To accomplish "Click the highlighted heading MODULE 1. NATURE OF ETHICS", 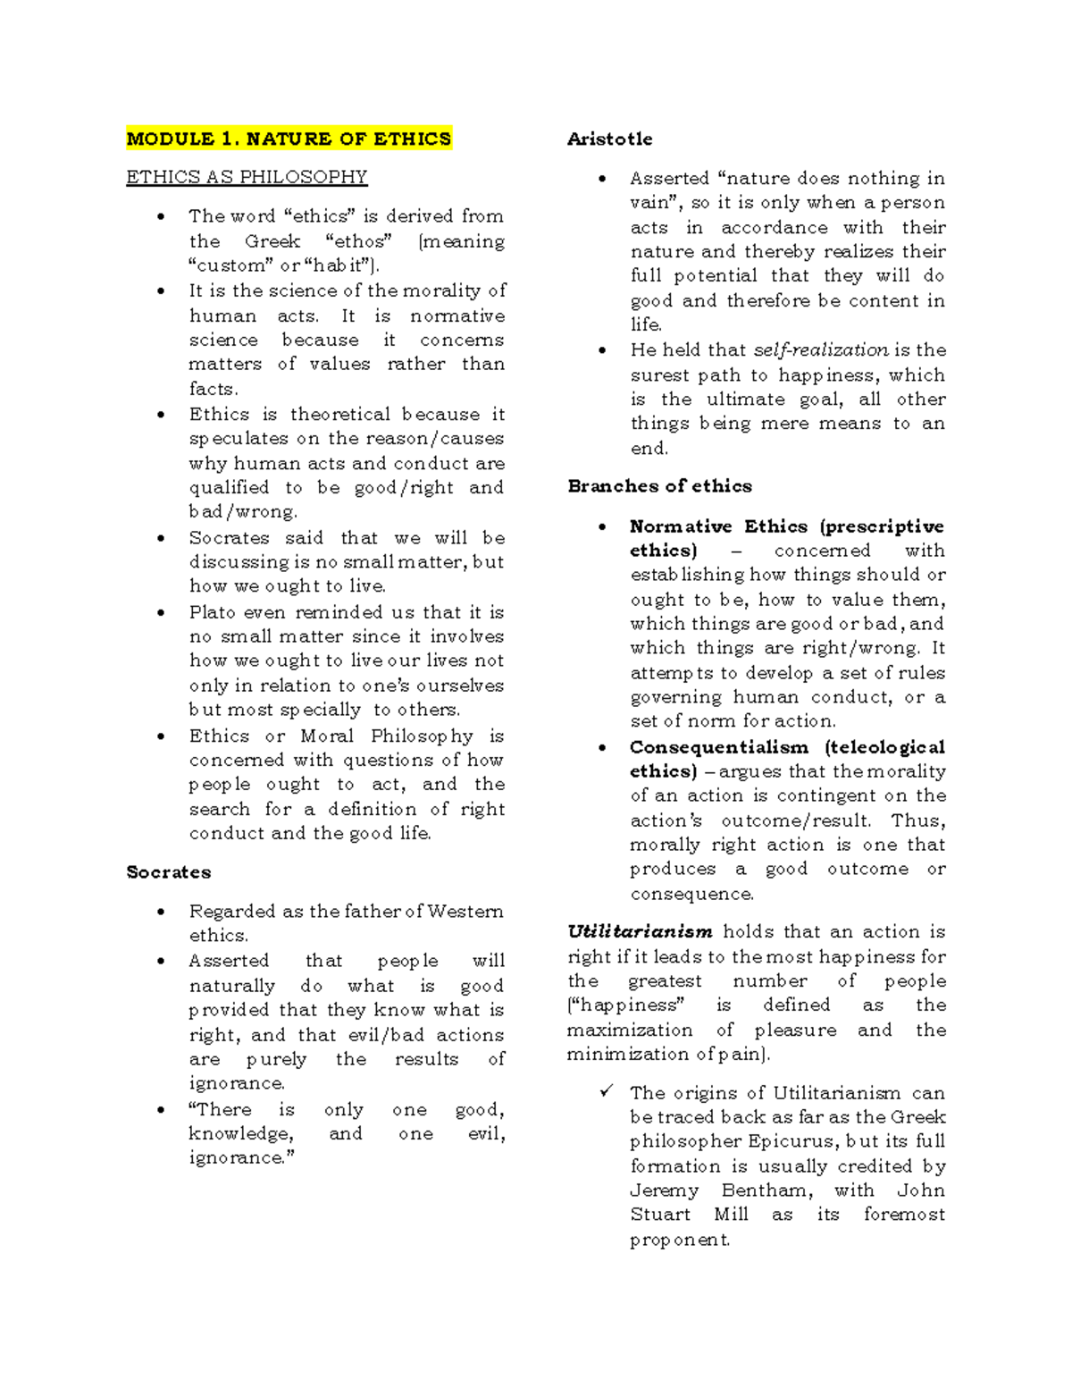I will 289,139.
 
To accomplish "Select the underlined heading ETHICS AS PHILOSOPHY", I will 247,177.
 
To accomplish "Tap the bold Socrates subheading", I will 169,872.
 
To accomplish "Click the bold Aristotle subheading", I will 609,139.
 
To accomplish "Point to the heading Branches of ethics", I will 659,486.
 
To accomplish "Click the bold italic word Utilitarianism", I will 640,932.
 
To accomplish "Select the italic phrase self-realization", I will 821,350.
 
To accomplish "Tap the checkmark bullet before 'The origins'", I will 607,1092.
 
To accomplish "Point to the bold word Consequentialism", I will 718,747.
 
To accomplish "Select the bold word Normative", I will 681,526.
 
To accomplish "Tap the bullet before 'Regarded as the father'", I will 161,913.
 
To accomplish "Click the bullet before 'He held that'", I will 602,351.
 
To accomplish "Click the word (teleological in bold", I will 884,747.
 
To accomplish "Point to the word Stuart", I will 660,1215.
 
